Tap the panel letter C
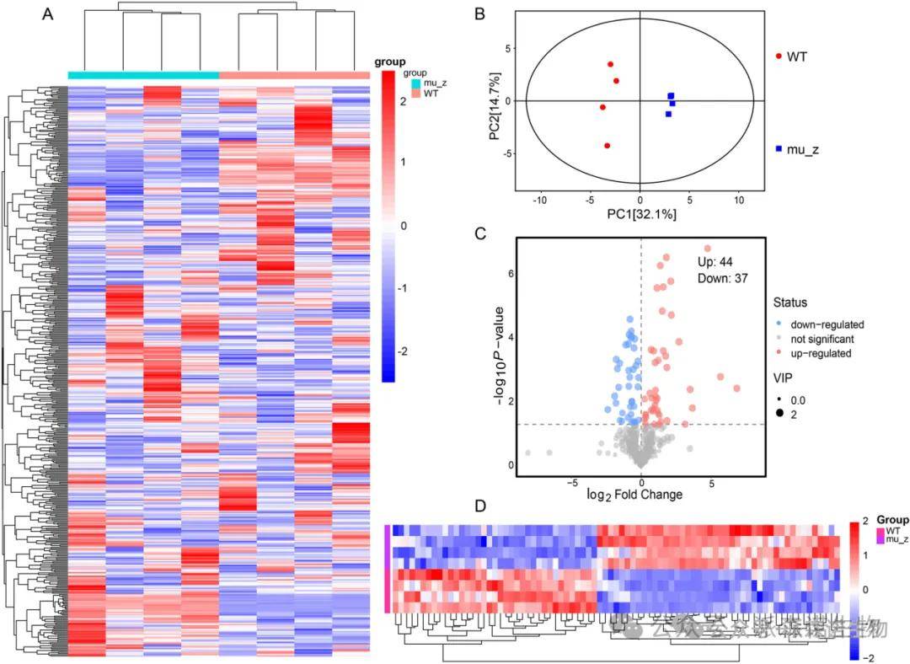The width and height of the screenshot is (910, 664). click(x=479, y=233)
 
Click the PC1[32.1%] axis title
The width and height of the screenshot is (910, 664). click(x=641, y=215)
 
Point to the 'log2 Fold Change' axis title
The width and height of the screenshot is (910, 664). click(x=634, y=494)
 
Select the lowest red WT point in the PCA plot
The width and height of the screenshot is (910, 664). click(x=608, y=146)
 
